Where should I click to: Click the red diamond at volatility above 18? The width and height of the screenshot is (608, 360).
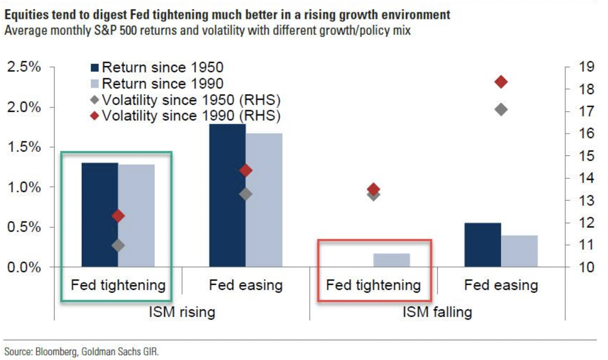[501, 82]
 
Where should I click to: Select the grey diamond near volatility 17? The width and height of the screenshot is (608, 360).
[501, 109]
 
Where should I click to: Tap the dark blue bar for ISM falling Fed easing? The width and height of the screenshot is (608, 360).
[483, 245]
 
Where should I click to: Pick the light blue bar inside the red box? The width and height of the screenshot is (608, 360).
[391, 260]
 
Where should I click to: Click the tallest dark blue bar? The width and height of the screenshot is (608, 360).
[227, 195]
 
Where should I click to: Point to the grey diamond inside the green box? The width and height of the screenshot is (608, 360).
[118, 245]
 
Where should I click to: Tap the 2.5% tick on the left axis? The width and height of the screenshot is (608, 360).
[24, 67]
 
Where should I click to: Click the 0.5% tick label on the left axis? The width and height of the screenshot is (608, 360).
[24, 227]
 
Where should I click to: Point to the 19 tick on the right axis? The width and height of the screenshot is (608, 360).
[586, 67]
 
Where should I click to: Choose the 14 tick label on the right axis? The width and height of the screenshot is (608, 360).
[586, 178]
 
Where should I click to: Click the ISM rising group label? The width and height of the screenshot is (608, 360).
[182, 312]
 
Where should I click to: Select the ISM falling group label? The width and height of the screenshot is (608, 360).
[437, 312]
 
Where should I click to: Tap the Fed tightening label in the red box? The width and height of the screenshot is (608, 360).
[373, 285]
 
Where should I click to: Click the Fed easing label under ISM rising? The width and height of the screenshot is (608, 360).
[246, 285]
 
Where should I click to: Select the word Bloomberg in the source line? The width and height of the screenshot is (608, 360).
[56, 351]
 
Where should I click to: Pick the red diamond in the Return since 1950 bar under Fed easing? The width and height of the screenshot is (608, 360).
[246, 170]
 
